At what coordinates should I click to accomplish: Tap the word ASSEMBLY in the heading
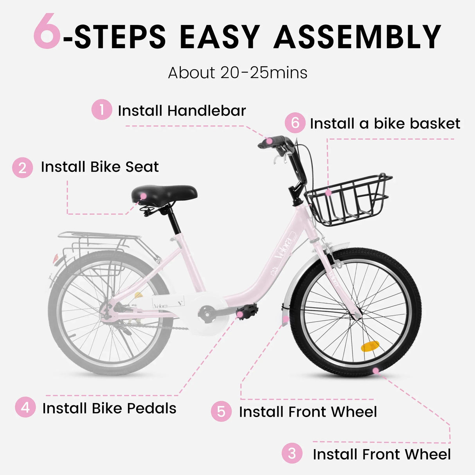(x=357, y=37)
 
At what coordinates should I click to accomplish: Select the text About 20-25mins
(x=238, y=73)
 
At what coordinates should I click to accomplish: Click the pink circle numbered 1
(x=102, y=110)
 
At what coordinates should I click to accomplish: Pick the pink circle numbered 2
(x=22, y=167)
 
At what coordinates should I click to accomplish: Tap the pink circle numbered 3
(x=292, y=453)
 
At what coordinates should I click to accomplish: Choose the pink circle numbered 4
(x=25, y=407)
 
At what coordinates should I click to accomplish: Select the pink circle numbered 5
(x=221, y=412)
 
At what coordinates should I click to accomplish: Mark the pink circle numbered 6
(x=295, y=123)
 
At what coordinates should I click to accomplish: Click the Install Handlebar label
(x=182, y=111)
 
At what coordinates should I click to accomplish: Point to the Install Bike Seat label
(x=100, y=167)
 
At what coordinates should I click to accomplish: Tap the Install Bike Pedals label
(x=109, y=408)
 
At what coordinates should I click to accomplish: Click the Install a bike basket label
(x=385, y=124)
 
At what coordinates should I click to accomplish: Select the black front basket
(x=348, y=200)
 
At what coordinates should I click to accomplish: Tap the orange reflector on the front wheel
(x=370, y=346)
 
